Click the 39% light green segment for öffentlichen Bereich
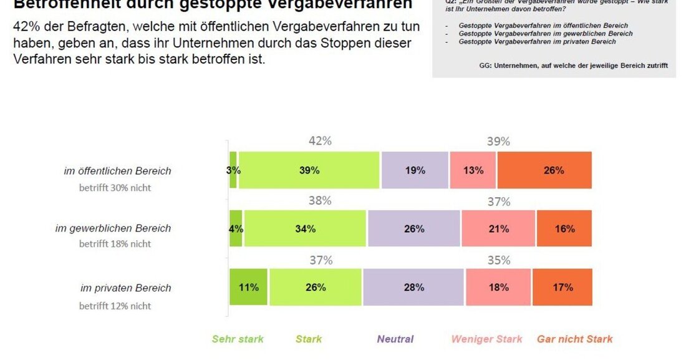tap(309, 170)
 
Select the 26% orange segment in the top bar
tap(544, 170)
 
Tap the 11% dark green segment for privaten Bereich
tap(248, 287)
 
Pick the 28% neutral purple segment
tap(413, 287)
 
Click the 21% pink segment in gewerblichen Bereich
tap(498, 228)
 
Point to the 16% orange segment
tap(564, 228)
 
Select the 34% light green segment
tap(305, 228)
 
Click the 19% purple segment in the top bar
tap(415, 170)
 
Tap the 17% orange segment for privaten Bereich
tap(563, 287)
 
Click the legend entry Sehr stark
tap(238, 339)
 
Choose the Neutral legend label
tap(395, 339)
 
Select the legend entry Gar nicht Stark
tap(574, 339)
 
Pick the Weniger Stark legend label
tap(487, 339)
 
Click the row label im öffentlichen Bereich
tap(117, 170)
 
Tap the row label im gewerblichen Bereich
tap(113, 228)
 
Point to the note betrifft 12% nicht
tap(115, 306)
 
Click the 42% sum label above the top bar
tap(320, 141)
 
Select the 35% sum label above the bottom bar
tap(498, 260)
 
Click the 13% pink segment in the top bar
tap(473, 170)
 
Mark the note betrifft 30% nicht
tap(115, 187)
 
